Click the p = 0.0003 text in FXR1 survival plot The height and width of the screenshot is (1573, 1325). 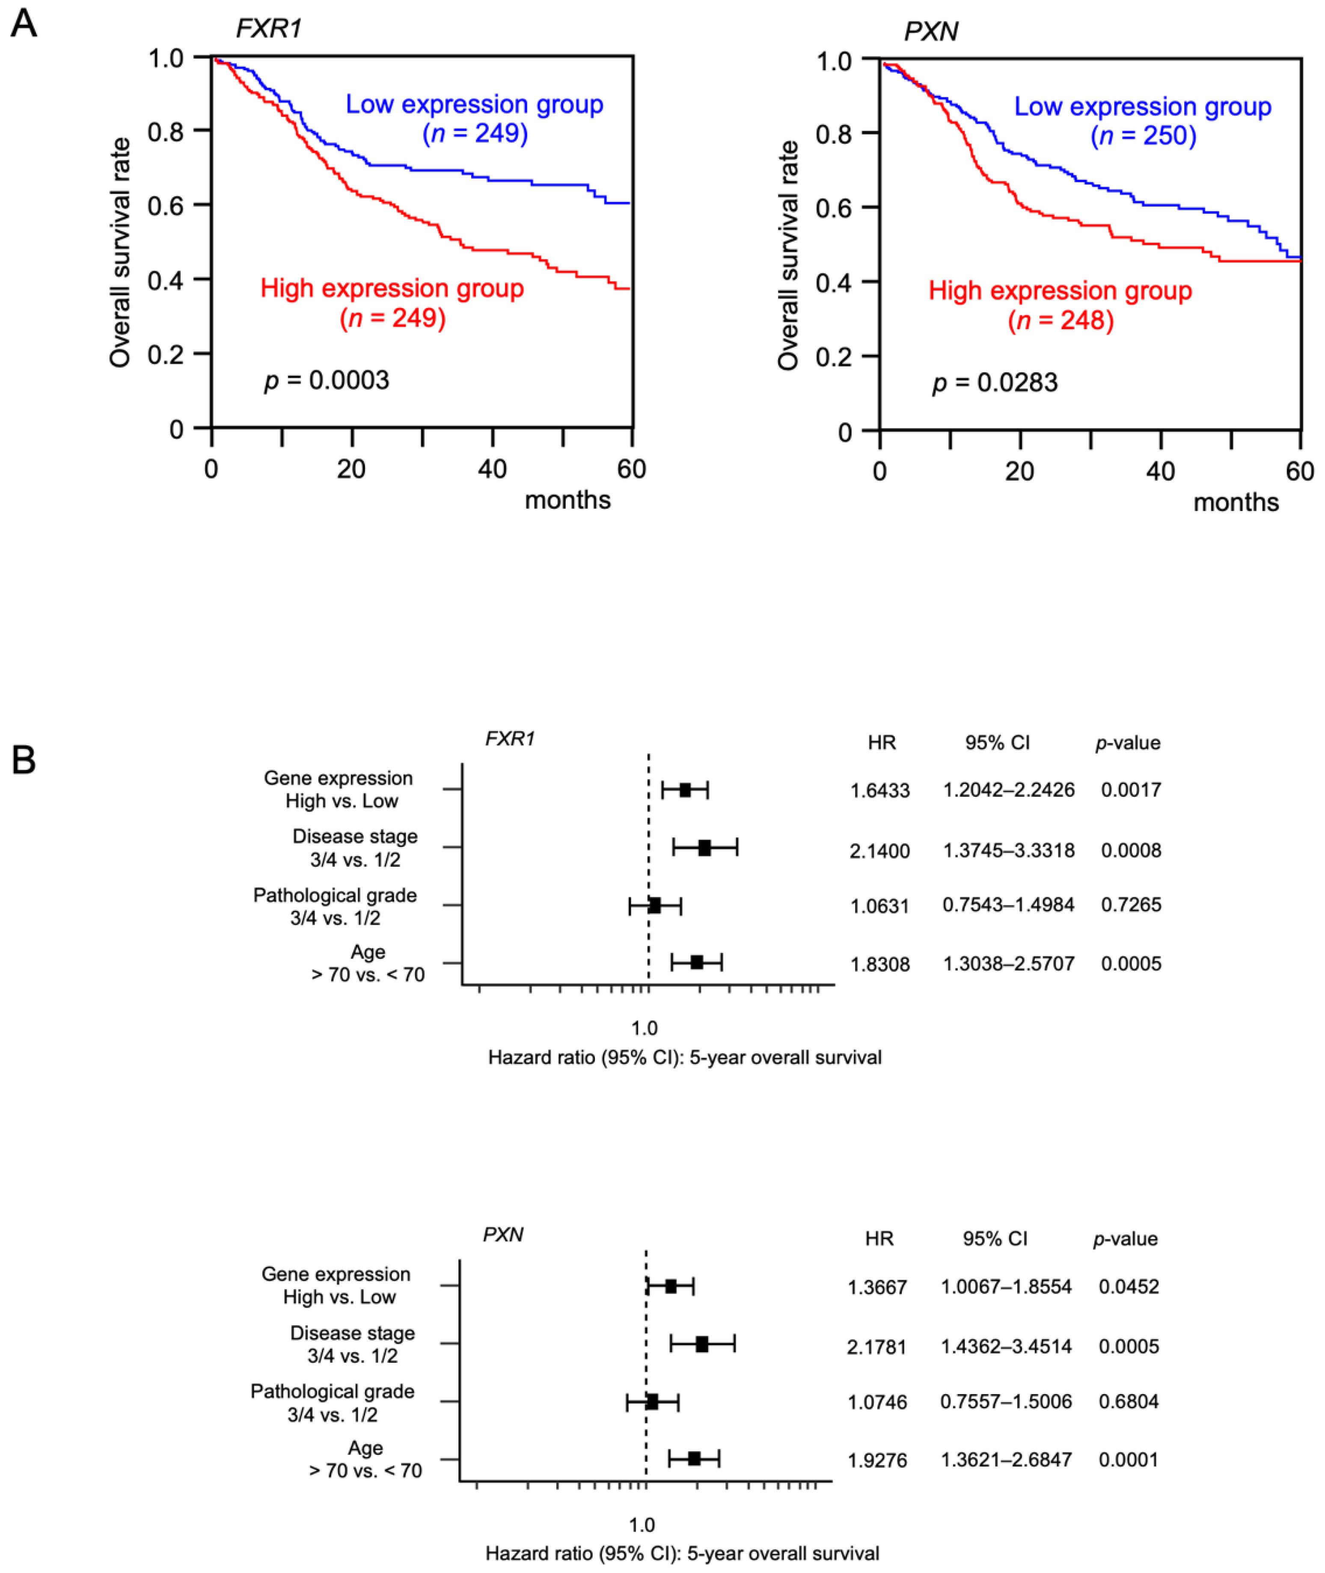click(327, 381)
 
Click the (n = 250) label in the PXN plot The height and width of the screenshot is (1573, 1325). click(1143, 136)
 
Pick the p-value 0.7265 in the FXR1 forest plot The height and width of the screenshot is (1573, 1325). click(1130, 905)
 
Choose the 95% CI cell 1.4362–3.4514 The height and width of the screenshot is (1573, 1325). click(1006, 1346)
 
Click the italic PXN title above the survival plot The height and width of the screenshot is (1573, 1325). click(931, 32)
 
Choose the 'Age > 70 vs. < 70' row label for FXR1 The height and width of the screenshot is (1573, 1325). click(368, 963)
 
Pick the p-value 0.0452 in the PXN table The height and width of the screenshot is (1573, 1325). click(1128, 1287)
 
